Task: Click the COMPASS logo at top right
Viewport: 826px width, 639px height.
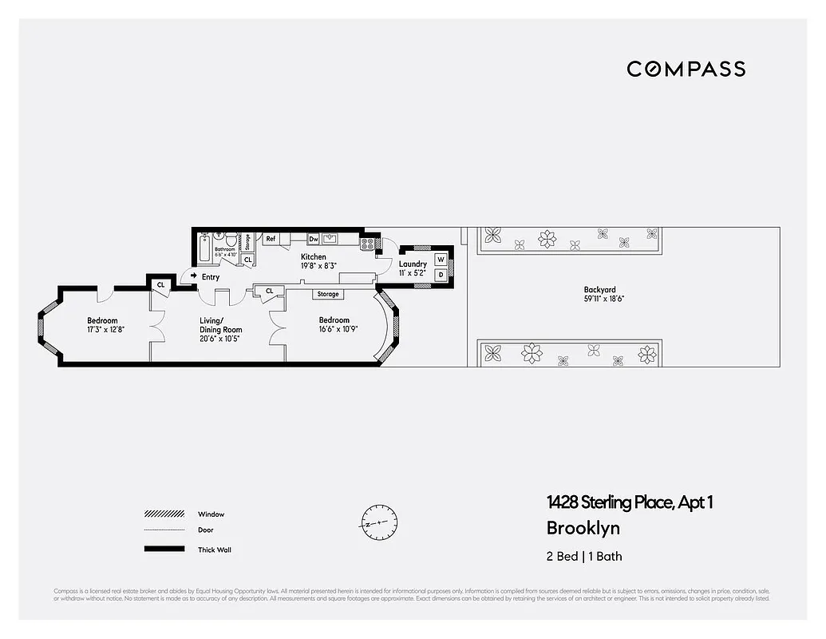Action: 686,69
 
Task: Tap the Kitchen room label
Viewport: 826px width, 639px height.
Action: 313,256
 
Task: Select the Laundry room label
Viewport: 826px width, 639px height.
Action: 413,264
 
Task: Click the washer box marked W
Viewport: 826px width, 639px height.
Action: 440,260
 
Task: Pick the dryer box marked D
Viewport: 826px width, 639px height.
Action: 440,275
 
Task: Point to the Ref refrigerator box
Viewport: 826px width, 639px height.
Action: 271,238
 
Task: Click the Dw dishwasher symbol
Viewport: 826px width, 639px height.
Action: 314,238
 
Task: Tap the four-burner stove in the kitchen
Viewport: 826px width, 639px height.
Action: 368,243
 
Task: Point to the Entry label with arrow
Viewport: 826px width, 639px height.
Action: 205,276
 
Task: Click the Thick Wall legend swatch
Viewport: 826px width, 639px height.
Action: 164,549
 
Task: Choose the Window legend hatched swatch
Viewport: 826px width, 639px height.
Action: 164,514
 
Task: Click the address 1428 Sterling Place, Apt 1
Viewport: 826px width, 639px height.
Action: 629,502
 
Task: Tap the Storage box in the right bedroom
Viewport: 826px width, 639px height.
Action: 327,294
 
